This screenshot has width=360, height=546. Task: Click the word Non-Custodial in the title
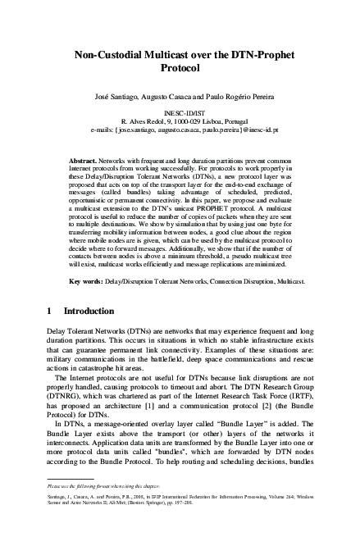(110, 55)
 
